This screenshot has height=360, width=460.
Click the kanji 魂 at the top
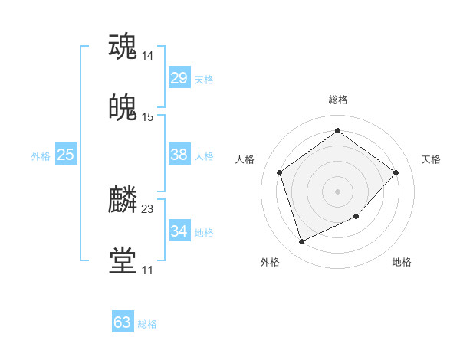pos(123,46)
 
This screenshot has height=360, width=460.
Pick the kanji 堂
pos(123,260)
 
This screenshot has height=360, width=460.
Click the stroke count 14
pos(147,56)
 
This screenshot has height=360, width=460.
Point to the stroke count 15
pos(147,117)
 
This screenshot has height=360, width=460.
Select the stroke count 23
pos(147,209)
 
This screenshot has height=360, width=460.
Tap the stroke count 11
pos(147,270)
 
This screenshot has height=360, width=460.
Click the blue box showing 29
pos(179,78)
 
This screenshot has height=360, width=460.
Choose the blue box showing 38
pos(179,155)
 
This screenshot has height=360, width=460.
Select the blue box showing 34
pos(179,231)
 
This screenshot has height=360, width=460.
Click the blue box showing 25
pos(66,155)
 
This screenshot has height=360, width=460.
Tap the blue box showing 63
pos(123,322)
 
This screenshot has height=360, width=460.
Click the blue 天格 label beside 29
pos(204,80)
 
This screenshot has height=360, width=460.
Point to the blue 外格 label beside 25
pos(41,156)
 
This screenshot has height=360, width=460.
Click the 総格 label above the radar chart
pos(337,100)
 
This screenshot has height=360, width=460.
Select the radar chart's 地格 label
pos(402,262)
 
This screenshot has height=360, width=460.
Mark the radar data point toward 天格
pos(396,172)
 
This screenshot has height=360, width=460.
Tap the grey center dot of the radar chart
pos(337,191)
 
